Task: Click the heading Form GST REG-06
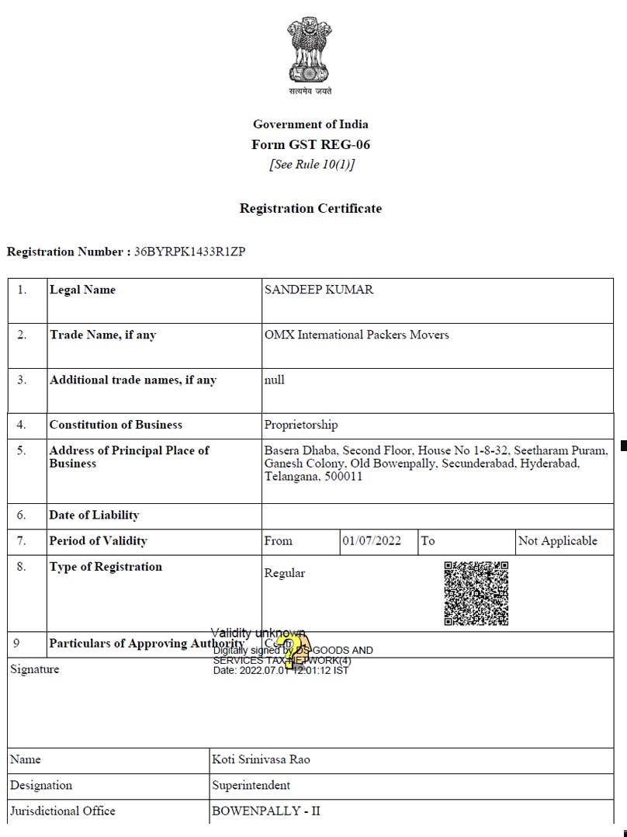coord(310,144)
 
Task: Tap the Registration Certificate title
coord(310,208)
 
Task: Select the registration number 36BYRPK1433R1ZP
coord(190,252)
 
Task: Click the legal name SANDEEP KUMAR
coord(318,290)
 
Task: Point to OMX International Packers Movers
coord(356,335)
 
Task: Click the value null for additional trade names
coord(274,380)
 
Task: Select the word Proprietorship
coord(301,425)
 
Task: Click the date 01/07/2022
coord(372,540)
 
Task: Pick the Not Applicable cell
coord(557,540)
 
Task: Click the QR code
coord(476,593)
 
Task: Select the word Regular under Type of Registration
coord(285,573)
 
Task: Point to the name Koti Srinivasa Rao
coord(261,759)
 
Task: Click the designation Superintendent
coord(251,785)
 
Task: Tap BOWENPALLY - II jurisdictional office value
coord(265,811)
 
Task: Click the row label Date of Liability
coord(94,515)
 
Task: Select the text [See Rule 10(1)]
coord(310,165)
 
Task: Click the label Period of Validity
coord(98,540)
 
